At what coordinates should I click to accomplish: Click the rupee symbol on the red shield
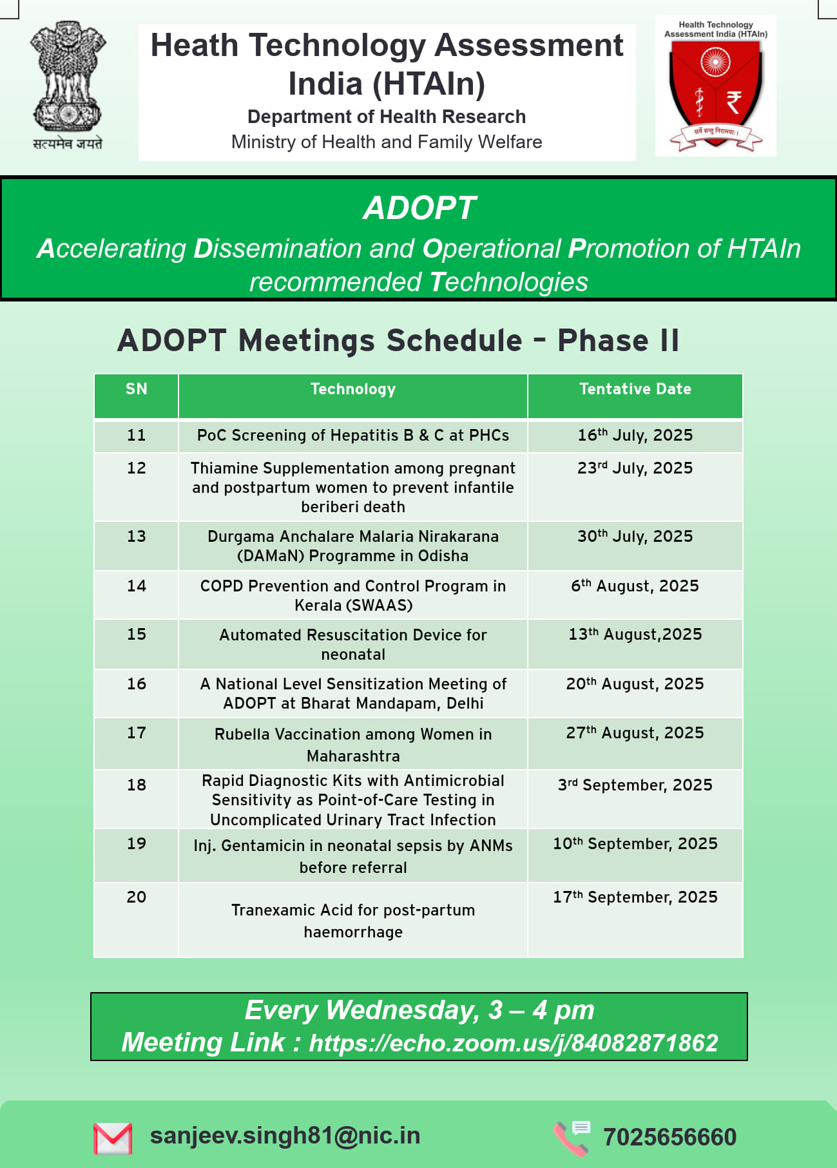click(734, 102)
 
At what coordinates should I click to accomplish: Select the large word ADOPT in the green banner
click(419, 208)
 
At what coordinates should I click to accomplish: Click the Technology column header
click(353, 389)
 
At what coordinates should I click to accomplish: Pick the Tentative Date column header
click(635, 389)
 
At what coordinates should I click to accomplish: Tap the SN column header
click(137, 389)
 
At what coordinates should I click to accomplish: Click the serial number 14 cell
click(137, 586)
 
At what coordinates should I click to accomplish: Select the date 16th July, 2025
click(635, 435)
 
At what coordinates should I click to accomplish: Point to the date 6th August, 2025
click(635, 586)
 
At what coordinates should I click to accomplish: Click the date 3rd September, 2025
click(635, 785)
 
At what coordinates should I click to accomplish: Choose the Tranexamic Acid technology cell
click(353, 921)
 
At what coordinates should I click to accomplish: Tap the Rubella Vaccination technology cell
click(353, 745)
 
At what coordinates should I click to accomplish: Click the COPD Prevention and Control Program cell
click(353, 595)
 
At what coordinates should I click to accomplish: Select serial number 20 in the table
click(137, 897)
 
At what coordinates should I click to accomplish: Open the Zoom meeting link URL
click(514, 1043)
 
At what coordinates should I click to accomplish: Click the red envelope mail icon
click(113, 1138)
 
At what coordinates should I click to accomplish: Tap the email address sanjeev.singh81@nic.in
click(285, 1136)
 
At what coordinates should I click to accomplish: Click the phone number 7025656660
click(669, 1137)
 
